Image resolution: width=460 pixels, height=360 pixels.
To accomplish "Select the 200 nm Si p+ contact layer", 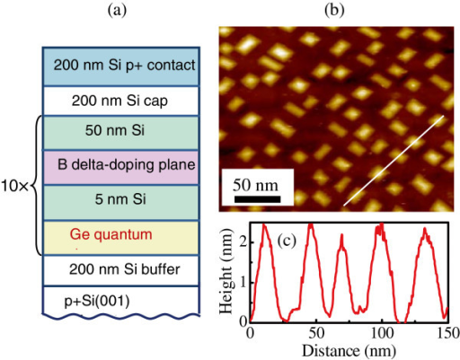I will click(x=124, y=65).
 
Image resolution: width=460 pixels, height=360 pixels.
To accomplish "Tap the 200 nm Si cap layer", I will click(x=124, y=99).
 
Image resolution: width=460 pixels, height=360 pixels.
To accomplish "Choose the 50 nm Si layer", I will click(x=124, y=132).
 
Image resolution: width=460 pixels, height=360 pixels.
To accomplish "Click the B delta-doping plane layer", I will click(x=124, y=165).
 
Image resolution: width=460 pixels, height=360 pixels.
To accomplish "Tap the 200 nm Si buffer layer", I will click(x=124, y=268).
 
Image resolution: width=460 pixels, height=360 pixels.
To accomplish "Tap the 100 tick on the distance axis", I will click(x=383, y=332).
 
